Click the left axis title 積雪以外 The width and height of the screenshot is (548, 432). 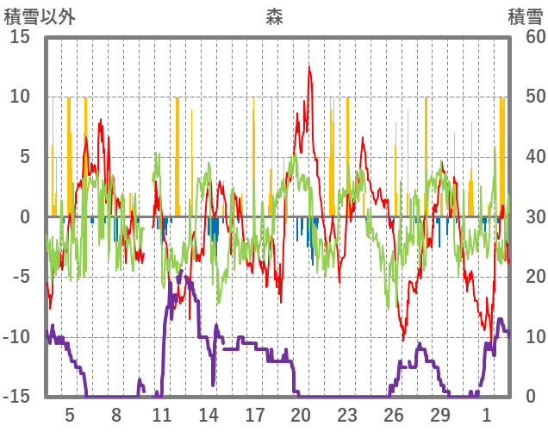(40, 16)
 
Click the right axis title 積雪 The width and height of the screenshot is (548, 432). (526, 16)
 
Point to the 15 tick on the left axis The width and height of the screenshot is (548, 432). (20, 37)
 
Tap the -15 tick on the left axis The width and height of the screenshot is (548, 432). (19, 397)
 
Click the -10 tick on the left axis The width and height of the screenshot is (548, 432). (19, 337)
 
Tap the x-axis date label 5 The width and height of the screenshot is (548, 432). (70, 414)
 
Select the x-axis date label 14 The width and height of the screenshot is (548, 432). (209, 414)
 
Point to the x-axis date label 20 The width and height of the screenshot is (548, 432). (301, 414)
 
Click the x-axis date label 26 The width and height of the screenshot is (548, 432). (394, 414)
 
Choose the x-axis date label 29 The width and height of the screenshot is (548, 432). (440, 414)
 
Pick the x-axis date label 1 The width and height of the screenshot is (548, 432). (487, 414)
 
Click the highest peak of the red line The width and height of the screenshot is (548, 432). (309, 67)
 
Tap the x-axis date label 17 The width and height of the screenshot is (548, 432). (255, 414)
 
